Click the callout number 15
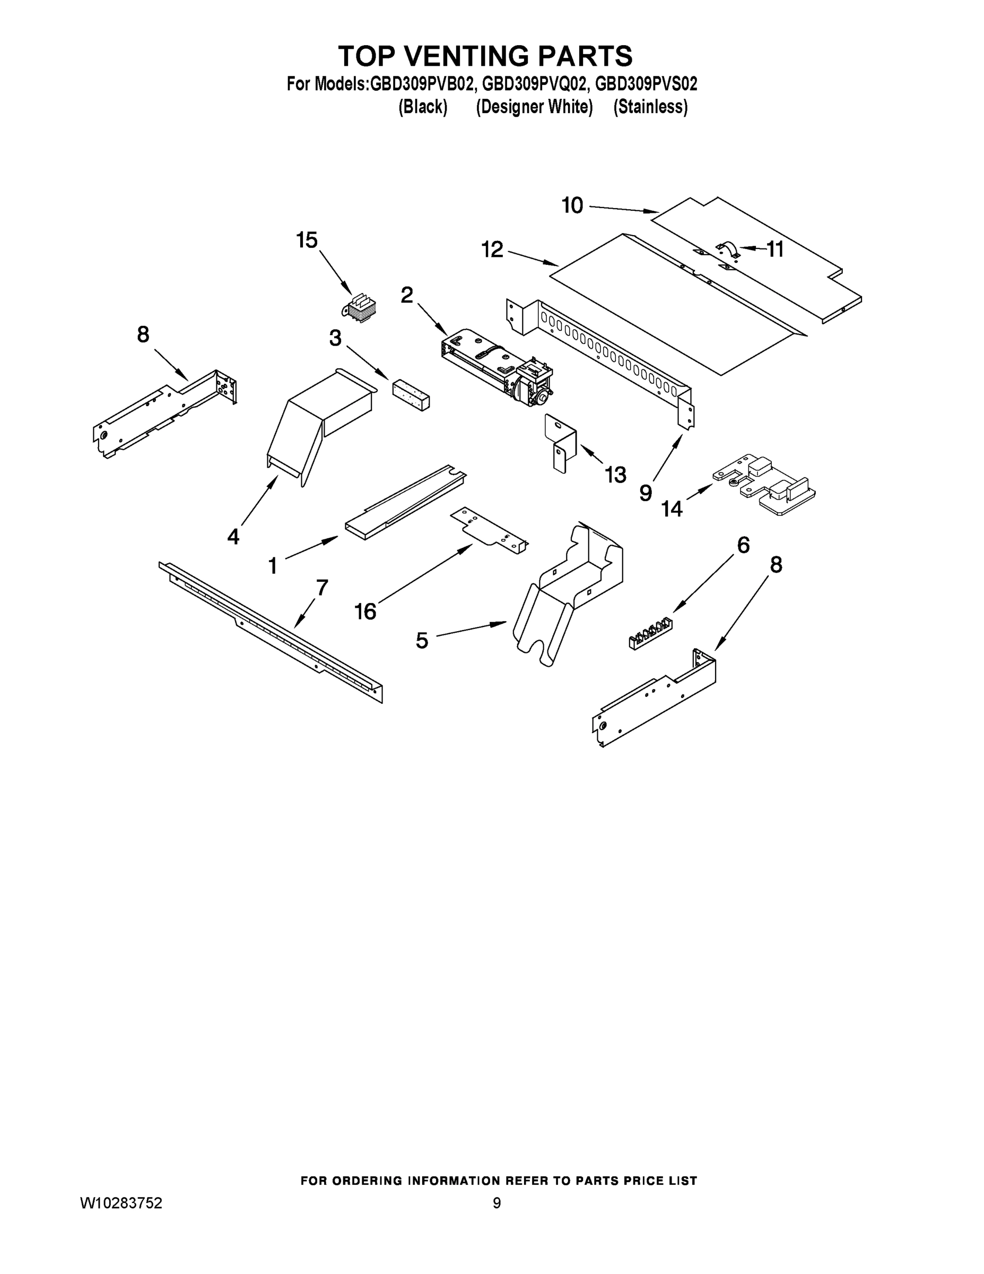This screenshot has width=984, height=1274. [x=307, y=240]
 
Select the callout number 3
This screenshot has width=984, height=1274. [x=335, y=338]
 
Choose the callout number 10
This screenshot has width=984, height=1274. [x=572, y=205]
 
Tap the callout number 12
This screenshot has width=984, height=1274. [x=492, y=249]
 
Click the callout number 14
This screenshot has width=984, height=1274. [x=672, y=509]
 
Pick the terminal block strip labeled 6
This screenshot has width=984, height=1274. [x=650, y=635]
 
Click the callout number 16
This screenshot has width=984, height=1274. [x=365, y=612]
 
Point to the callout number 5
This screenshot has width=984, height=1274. [x=422, y=641]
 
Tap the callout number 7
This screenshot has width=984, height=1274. [x=323, y=588]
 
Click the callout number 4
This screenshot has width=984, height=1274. [x=233, y=536]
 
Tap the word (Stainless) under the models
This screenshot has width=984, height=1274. [x=650, y=107]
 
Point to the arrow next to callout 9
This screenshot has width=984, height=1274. [x=668, y=460]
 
